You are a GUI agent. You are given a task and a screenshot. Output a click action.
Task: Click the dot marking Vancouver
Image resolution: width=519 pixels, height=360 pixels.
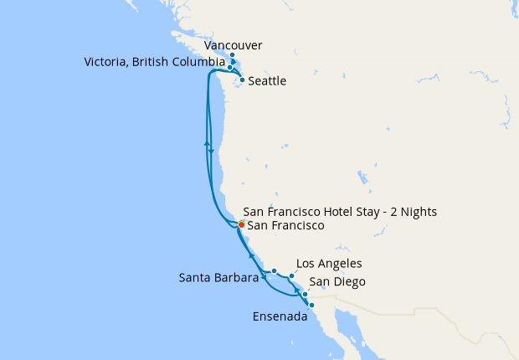(x=232, y=55)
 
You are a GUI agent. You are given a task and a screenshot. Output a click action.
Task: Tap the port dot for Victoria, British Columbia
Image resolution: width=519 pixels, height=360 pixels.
(x=230, y=67)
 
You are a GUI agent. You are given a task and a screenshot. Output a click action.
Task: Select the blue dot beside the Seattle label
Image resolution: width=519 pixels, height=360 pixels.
(x=242, y=80)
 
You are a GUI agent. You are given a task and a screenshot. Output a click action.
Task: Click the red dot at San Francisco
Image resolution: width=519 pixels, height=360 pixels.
(x=241, y=225)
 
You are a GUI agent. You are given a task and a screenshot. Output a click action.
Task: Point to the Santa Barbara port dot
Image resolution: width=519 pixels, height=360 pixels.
(x=274, y=270)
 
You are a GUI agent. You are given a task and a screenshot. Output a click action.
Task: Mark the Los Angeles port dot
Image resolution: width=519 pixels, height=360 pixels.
(x=291, y=275)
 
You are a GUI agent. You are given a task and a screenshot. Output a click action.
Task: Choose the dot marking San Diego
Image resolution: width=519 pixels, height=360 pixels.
(x=305, y=295)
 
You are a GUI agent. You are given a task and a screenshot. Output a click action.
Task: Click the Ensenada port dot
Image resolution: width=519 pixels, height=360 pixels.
(x=311, y=306)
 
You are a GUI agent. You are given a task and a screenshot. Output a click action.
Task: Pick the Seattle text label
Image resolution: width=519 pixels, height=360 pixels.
(x=268, y=81)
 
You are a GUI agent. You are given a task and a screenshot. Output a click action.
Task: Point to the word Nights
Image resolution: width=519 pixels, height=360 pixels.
(x=418, y=212)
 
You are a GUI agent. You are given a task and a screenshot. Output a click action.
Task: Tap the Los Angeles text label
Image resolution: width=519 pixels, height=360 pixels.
(x=329, y=264)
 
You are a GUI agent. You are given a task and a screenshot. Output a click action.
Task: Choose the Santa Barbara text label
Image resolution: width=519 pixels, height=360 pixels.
(x=218, y=278)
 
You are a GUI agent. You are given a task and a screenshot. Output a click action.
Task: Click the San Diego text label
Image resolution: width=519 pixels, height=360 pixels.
(x=337, y=282)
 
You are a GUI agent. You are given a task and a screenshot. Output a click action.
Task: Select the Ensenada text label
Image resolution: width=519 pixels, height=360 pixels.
(x=279, y=317)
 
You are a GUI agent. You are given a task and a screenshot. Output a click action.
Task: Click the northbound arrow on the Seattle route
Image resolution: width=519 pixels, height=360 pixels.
(x=206, y=143)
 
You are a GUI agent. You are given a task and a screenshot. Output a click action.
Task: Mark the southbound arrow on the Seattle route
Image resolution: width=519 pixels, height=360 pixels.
(x=212, y=151)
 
